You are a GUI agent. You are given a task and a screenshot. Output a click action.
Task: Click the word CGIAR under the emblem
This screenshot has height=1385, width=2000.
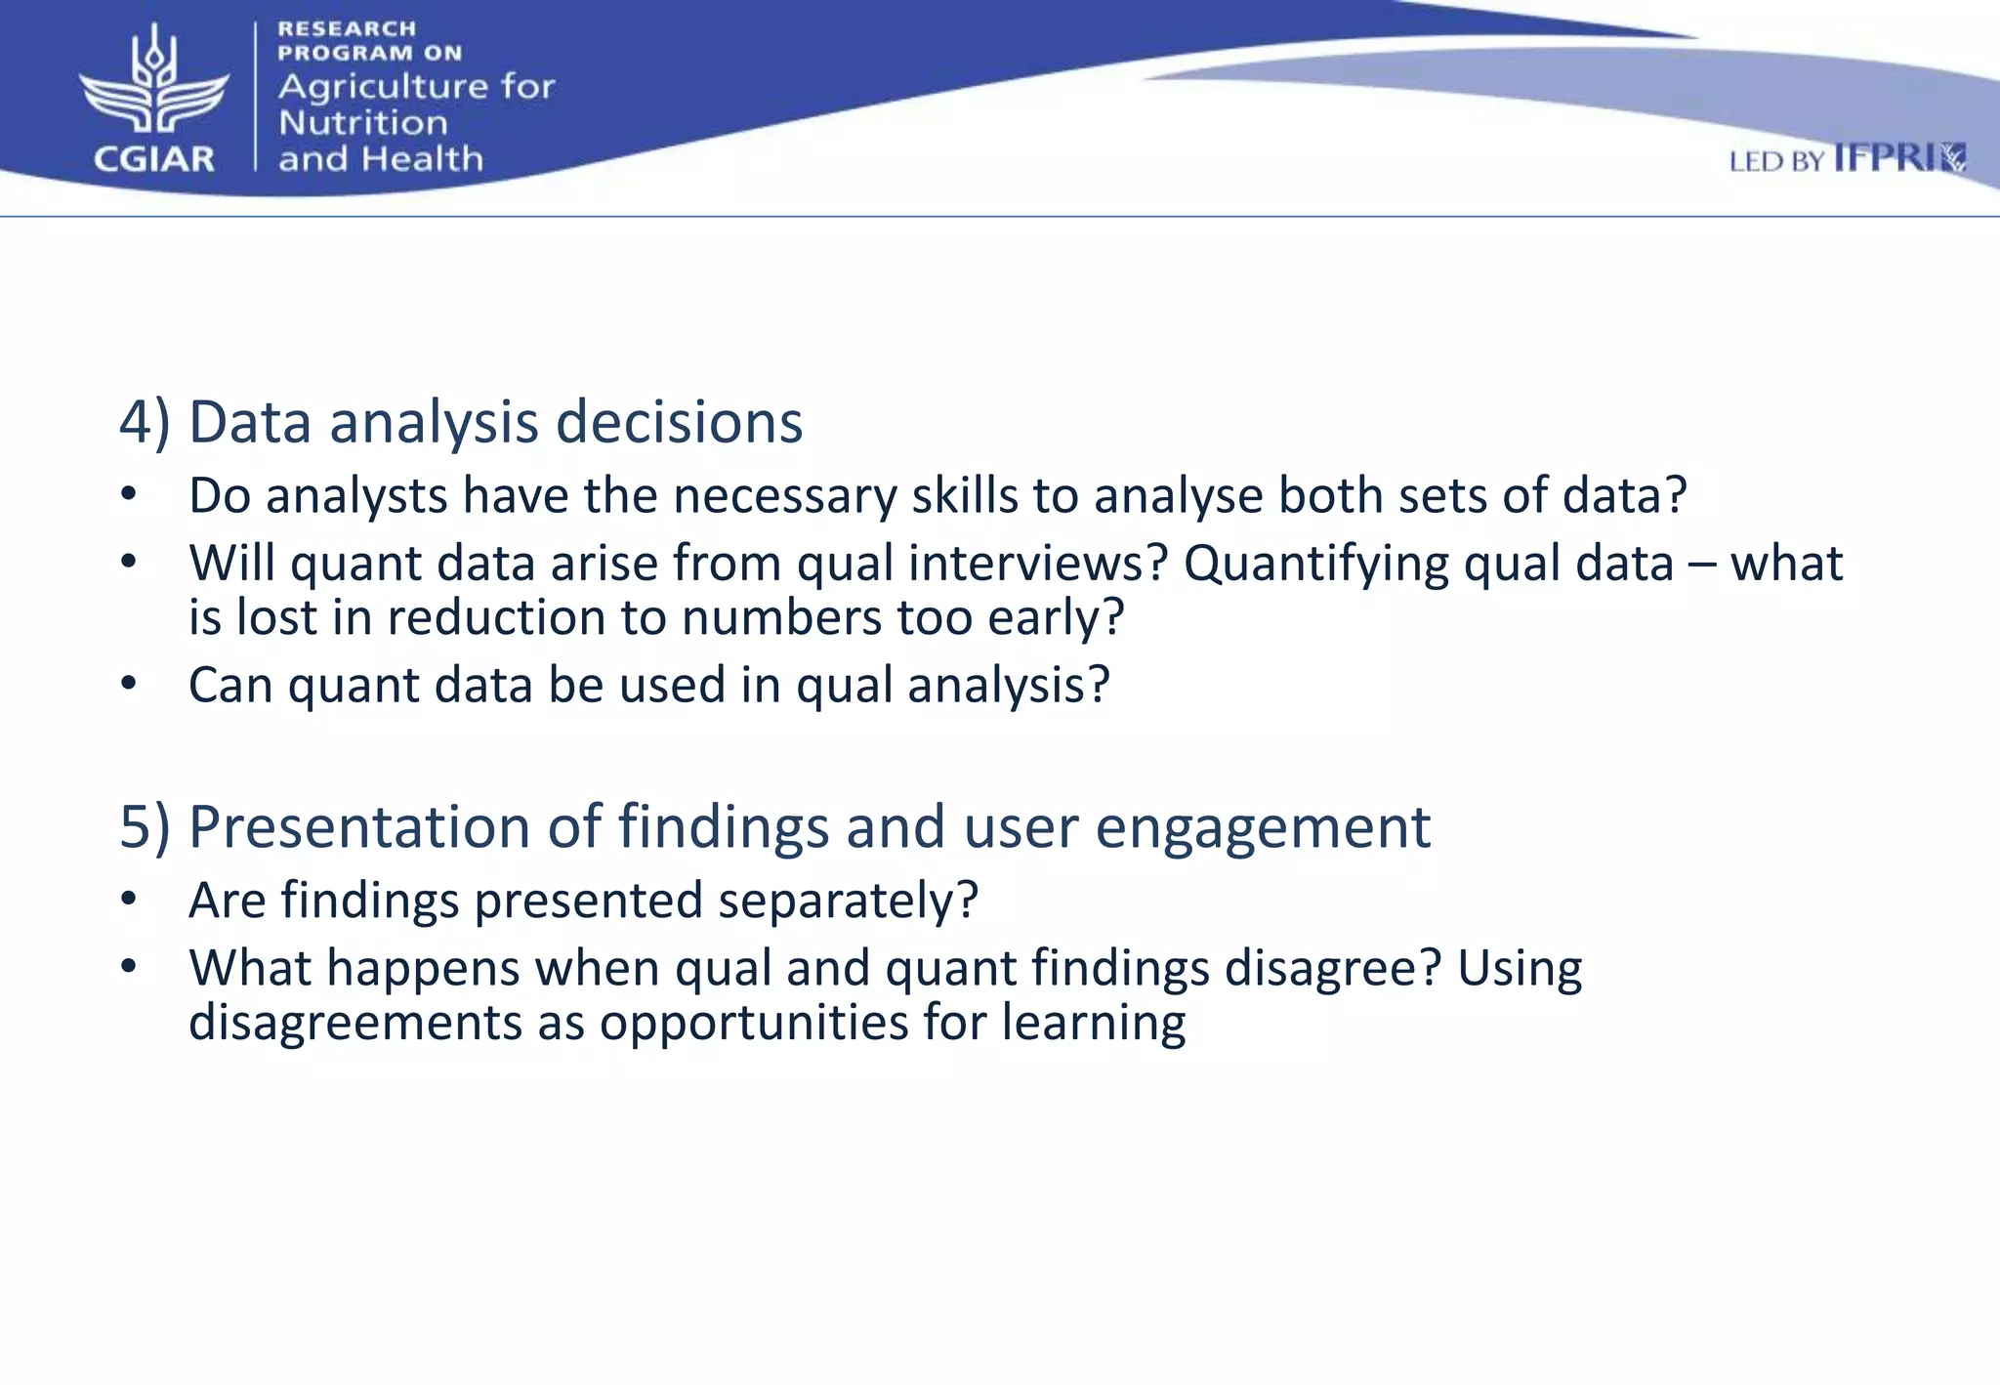154,159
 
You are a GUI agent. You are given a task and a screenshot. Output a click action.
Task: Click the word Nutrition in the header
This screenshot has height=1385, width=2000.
363,123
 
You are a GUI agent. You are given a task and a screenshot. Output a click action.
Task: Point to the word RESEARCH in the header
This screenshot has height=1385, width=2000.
347,29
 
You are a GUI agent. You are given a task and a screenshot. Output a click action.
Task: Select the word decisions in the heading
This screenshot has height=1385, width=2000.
679,422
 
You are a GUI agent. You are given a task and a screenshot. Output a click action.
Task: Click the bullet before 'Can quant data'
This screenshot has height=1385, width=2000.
129,683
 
